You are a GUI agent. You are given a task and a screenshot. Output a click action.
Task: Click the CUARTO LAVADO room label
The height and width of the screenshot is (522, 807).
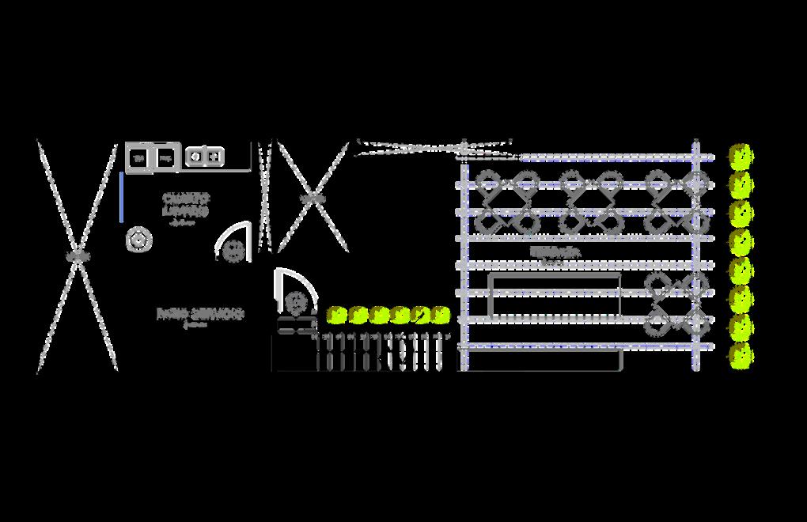[186, 205]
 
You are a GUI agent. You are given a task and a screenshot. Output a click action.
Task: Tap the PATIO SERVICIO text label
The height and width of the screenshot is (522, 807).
[200, 315]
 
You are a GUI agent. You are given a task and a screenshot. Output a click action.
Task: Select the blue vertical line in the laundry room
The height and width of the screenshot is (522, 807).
[121, 197]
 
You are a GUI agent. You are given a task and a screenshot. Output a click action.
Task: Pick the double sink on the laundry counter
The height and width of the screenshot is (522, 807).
[205, 157]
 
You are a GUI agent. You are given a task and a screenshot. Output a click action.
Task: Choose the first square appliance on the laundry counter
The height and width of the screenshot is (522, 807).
[139, 158]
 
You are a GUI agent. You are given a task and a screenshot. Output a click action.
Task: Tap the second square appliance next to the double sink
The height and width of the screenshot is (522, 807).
[165, 158]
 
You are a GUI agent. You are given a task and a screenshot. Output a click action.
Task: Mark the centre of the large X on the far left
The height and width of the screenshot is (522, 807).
[78, 256]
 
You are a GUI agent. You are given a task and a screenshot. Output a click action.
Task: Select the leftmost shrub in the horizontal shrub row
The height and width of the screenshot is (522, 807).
[338, 316]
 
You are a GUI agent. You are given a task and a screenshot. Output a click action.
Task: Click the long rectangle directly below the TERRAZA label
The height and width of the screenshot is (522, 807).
[555, 295]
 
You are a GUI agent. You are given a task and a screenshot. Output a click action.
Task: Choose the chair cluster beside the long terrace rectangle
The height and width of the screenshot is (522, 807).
[675, 304]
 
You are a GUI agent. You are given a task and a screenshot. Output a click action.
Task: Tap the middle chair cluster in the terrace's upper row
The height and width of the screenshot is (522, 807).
[591, 201]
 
